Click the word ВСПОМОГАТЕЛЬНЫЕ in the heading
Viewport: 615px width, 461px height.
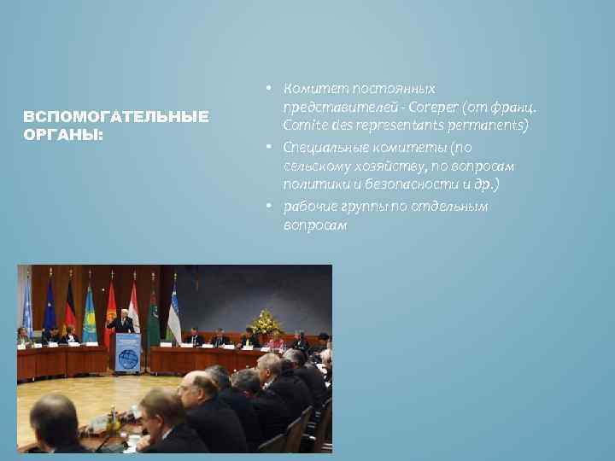click(x=115, y=116)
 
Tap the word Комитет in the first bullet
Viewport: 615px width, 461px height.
click(x=313, y=89)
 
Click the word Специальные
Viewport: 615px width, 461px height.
click(x=325, y=147)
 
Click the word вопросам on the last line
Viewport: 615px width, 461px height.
click(x=315, y=226)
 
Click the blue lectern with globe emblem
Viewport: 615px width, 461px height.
click(x=127, y=352)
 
